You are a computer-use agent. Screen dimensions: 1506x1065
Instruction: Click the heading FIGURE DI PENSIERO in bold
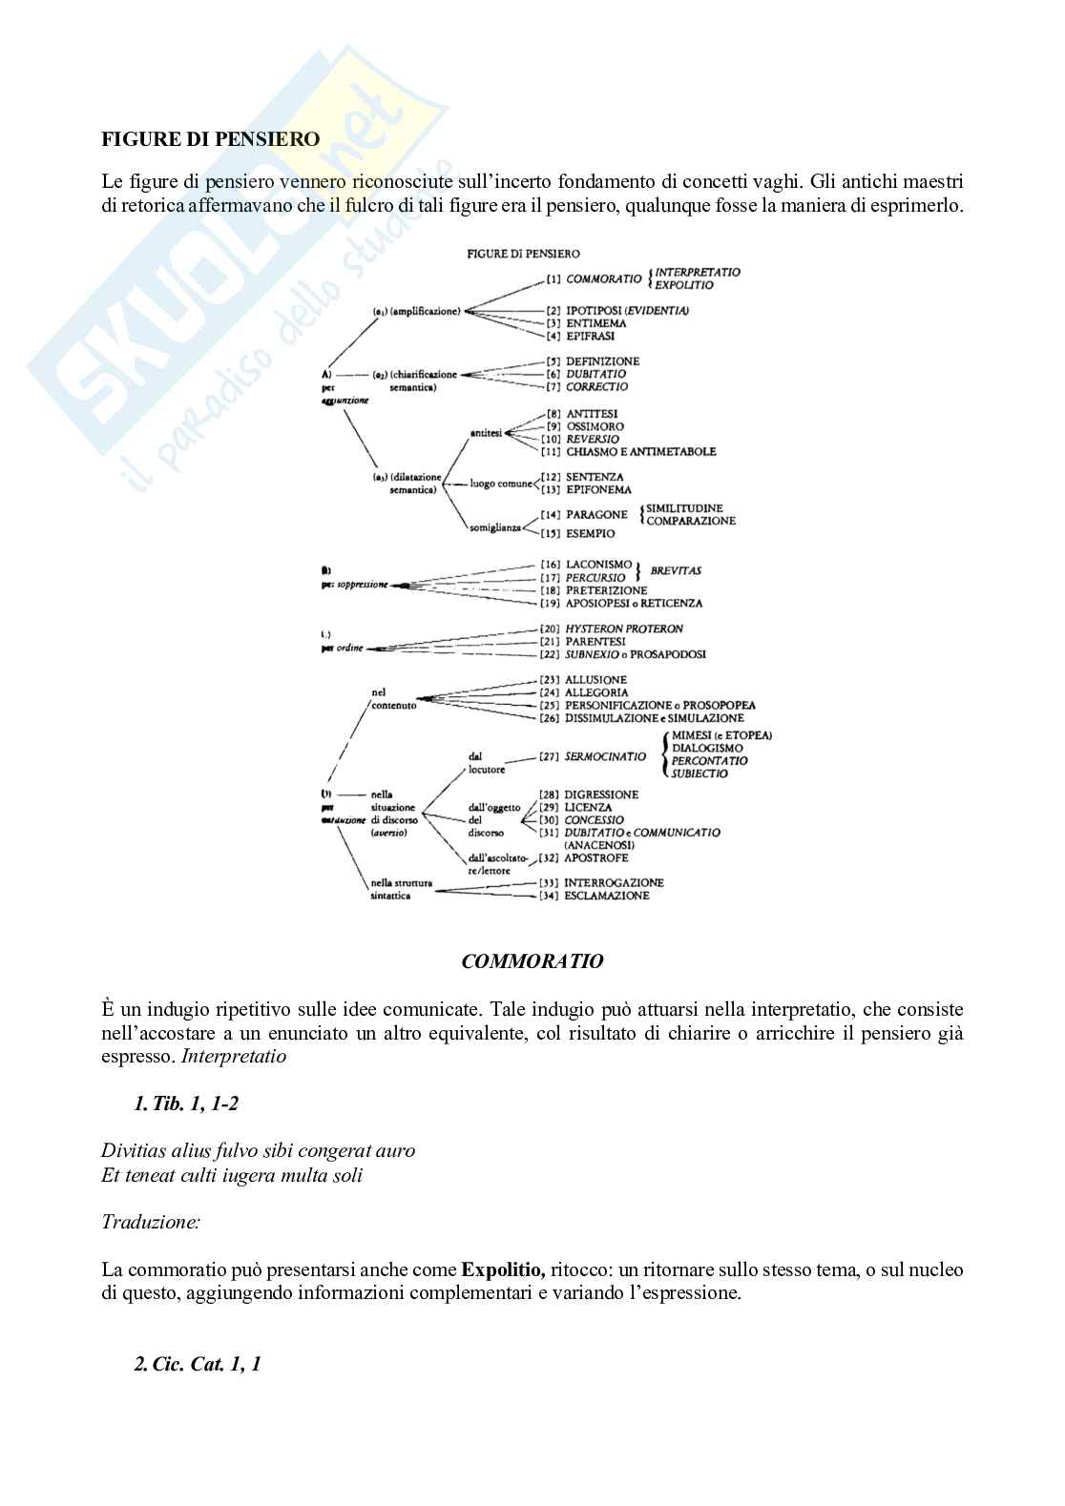pyautogui.click(x=211, y=139)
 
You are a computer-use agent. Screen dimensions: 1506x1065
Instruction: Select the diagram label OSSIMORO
pyautogui.click(x=595, y=426)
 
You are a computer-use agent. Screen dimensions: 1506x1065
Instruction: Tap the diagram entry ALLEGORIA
pyautogui.click(x=596, y=692)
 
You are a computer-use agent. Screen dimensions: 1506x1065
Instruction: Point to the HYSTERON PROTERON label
pyautogui.click(x=624, y=629)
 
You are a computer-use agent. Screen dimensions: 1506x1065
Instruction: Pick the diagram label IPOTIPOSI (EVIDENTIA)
pyautogui.click(x=627, y=311)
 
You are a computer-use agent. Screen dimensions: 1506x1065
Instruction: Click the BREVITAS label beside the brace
pyautogui.click(x=676, y=571)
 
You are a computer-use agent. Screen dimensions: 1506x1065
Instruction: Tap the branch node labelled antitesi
pyautogui.click(x=486, y=433)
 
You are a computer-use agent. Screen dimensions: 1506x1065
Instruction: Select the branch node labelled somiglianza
pyautogui.click(x=495, y=527)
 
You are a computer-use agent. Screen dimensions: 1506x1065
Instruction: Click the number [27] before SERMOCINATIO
pyautogui.click(x=549, y=756)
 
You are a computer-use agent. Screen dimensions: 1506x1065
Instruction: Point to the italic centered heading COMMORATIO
pyautogui.click(x=532, y=962)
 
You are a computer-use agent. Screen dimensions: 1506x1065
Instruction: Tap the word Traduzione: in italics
pyautogui.click(x=151, y=1222)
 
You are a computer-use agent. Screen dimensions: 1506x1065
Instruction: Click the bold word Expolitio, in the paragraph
pyautogui.click(x=503, y=1270)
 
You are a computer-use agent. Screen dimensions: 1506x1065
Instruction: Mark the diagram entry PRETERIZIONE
pyautogui.click(x=606, y=591)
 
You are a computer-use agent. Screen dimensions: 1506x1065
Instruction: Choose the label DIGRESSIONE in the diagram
pyautogui.click(x=601, y=794)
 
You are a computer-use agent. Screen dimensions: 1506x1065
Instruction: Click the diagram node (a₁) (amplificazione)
pyautogui.click(x=417, y=311)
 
